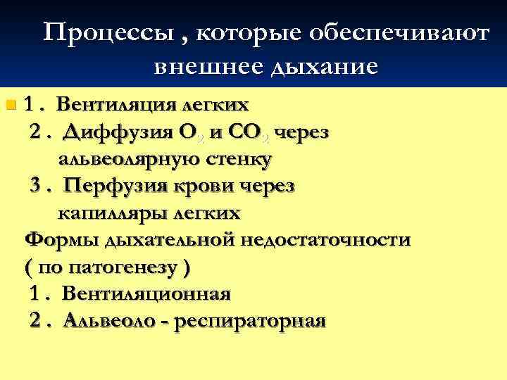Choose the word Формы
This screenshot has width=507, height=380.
pos(61,240)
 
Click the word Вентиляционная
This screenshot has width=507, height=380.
pos(146,294)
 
